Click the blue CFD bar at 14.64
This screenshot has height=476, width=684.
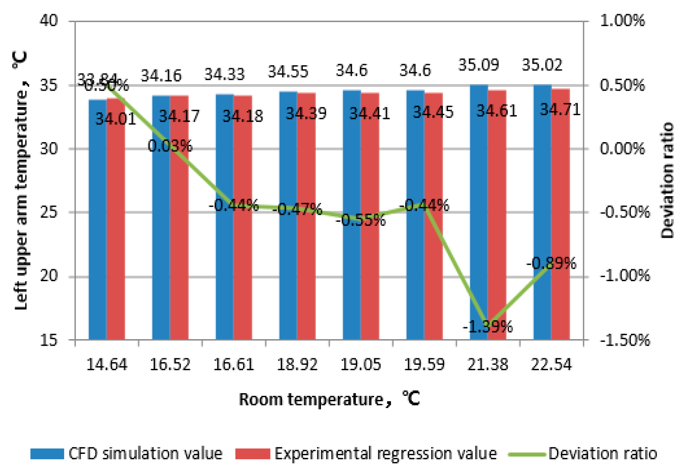click(x=97, y=221)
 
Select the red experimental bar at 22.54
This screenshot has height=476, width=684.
click(x=560, y=221)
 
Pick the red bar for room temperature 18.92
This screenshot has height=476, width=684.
click(x=306, y=221)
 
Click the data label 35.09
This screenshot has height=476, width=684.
click(x=479, y=65)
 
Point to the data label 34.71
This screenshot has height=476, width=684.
click(x=560, y=109)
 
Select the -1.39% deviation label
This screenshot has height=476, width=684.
click(x=487, y=327)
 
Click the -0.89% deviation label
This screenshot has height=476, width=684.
click(x=551, y=263)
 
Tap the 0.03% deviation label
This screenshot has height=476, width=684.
click(x=170, y=146)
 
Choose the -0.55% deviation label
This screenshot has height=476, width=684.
click(x=361, y=220)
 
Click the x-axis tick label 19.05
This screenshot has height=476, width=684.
click(x=360, y=364)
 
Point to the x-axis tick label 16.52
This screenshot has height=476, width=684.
click(x=170, y=364)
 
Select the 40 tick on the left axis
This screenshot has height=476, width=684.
click(x=49, y=20)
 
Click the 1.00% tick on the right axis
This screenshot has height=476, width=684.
click(x=622, y=20)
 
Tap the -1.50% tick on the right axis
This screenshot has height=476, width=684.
click(x=625, y=340)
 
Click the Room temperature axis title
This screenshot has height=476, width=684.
click(x=329, y=399)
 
